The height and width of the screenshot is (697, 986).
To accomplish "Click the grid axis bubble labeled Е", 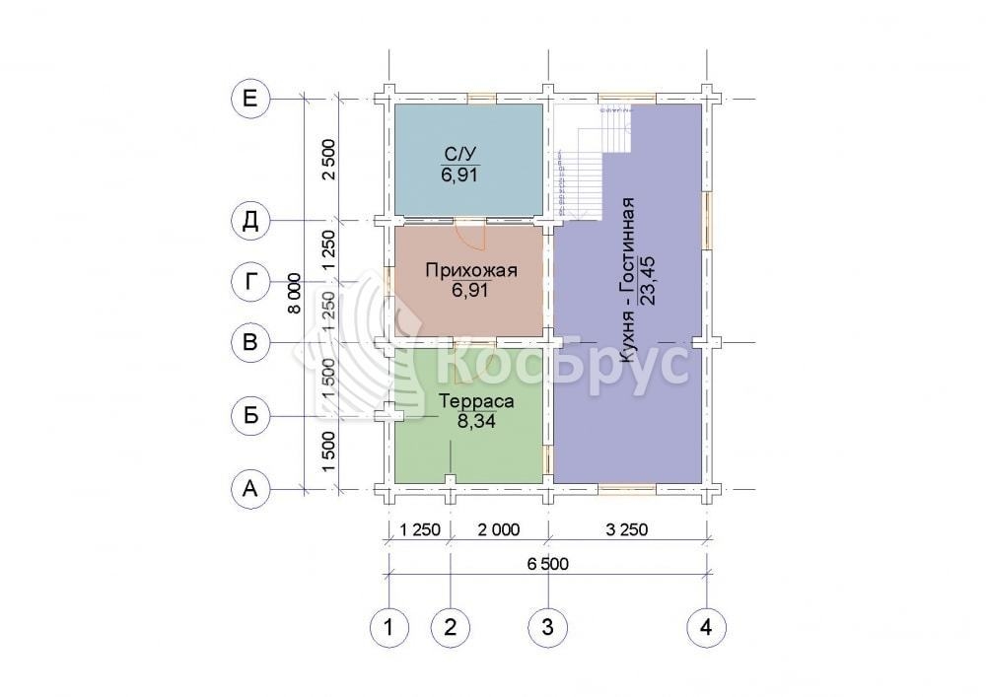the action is [x=250, y=99].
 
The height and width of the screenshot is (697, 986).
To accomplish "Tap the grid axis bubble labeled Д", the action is [x=250, y=221].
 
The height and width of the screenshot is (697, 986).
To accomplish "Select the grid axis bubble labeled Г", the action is [x=250, y=282].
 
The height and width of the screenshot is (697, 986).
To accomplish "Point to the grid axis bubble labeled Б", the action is [x=250, y=415].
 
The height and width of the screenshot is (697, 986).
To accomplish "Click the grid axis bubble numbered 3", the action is [x=547, y=627].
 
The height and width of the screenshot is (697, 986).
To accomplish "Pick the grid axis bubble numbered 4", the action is [x=706, y=627].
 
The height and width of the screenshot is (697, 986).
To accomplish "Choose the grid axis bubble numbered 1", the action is [x=389, y=627].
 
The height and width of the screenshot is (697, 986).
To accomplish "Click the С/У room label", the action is [x=459, y=154].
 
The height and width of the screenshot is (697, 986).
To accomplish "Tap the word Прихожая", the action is [x=471, y=271].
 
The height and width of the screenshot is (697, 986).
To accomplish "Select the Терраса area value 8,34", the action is [x=476, y=421].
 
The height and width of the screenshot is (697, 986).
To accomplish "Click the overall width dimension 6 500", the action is [x=547, y=564].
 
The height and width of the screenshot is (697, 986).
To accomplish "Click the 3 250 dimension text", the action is [x=627, y=529].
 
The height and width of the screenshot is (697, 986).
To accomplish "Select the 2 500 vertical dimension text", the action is [x=329, y=160].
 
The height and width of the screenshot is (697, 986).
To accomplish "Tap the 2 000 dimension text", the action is [x=499, y=529].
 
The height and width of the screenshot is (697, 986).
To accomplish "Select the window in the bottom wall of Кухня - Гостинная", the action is [x=627, y=488].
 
